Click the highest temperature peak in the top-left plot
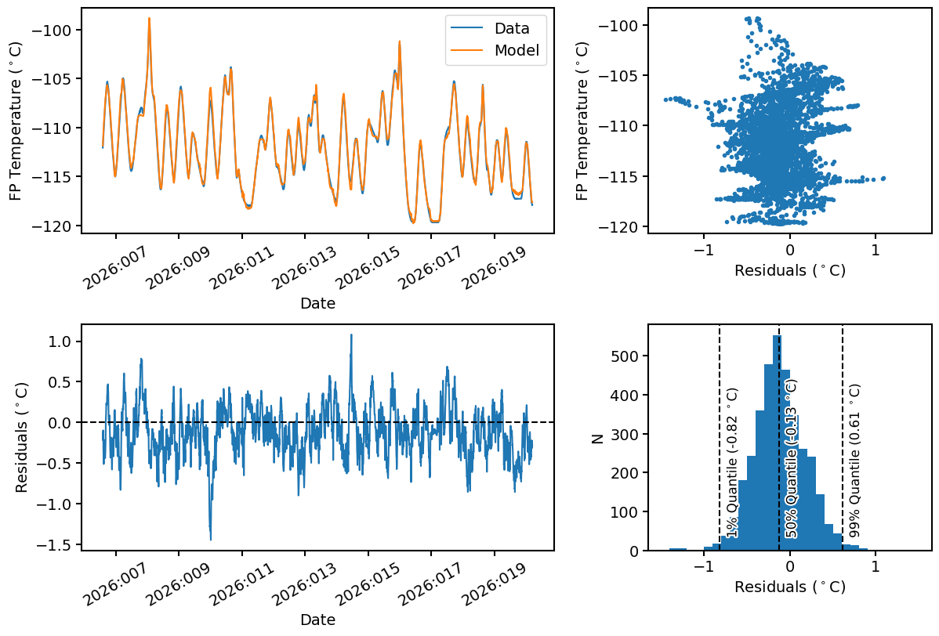(x=149, y=18)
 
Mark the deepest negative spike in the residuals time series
(x=210, y=539)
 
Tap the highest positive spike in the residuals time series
(x=351, y=335)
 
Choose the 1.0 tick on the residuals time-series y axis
(x=62, y=341)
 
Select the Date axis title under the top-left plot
(x=317, y=304)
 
